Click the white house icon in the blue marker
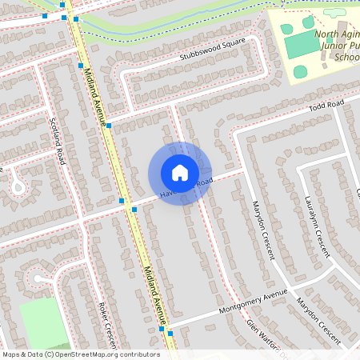[180, 173]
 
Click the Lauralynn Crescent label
[317, 226]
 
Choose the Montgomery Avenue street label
[254, 305]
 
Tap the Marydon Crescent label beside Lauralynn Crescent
[263, 231]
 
